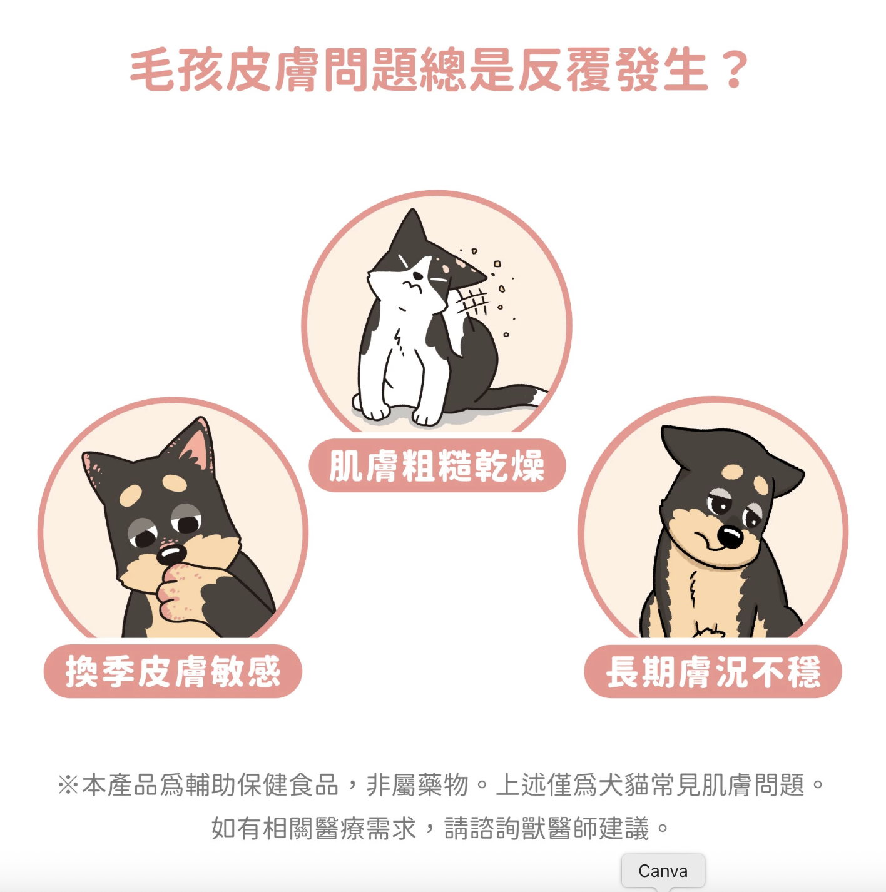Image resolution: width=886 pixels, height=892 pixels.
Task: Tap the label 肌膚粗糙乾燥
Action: [437, 465]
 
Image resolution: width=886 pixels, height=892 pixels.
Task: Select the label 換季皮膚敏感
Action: [173, 671]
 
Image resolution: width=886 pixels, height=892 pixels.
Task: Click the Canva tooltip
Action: [663, 871]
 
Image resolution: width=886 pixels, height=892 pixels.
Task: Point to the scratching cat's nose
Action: [418, 276]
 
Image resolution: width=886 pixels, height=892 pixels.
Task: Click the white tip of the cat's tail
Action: [539, 397]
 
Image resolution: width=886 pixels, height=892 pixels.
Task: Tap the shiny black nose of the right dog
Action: [730, 537]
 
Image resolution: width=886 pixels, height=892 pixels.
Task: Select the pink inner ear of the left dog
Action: [197, 449]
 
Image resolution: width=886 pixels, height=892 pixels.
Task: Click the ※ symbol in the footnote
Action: [69, 786]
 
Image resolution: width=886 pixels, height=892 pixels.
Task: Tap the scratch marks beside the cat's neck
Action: [472, 303]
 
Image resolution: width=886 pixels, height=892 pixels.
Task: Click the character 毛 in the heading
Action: [152, 70]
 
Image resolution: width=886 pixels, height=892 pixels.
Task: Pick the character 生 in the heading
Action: [686, 70]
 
